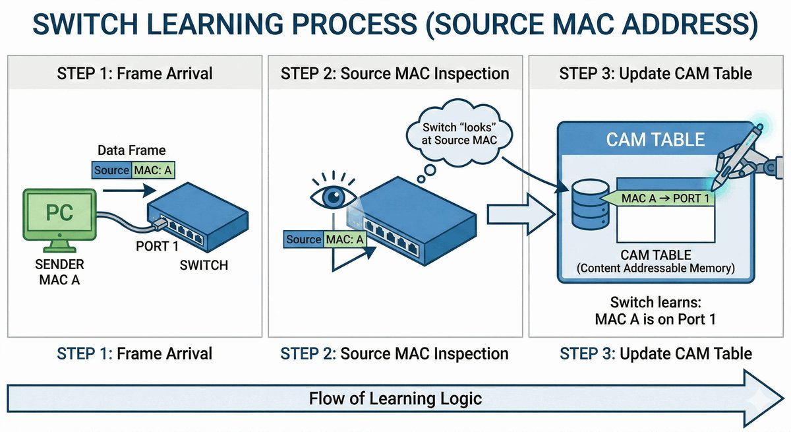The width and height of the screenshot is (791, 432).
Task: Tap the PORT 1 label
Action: pos(157,246)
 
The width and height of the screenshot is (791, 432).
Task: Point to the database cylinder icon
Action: pos(590,204)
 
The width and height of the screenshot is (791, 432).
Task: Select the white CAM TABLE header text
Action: pos(655,140)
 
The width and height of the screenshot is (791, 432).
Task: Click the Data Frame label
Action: pos(132,150)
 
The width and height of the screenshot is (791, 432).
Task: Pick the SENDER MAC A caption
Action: pos(59,272)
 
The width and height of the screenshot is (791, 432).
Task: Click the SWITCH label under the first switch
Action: pos(204,265)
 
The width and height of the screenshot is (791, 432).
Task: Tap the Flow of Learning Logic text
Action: pos(395,398)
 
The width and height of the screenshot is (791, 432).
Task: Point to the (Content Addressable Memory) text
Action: pos(655,268)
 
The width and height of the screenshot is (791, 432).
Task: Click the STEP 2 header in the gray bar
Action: pos(395,73)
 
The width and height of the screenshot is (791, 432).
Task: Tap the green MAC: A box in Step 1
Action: pos(153,170)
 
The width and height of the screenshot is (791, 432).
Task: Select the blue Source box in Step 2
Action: pos(303,239)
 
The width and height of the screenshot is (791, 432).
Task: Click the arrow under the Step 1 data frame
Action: pos(129,191)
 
